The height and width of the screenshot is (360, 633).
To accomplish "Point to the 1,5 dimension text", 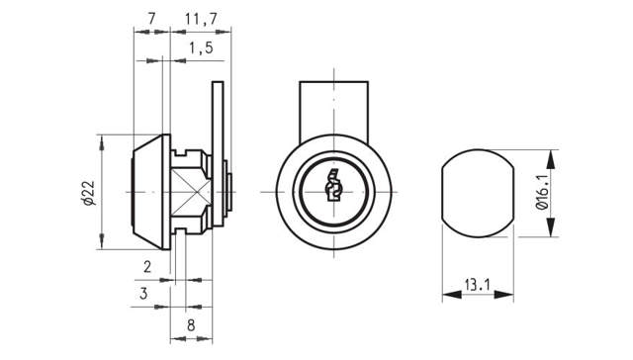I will point(199,48).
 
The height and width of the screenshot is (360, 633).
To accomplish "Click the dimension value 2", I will point(146,267).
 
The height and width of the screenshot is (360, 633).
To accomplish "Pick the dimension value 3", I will point(143,293).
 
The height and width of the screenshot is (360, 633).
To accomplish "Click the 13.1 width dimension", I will point(477,284).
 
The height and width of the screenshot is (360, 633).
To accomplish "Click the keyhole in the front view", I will point(333,188).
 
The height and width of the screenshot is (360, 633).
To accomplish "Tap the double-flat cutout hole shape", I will point(477,193).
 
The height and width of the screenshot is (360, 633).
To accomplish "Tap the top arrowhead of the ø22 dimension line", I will point(101,141).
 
